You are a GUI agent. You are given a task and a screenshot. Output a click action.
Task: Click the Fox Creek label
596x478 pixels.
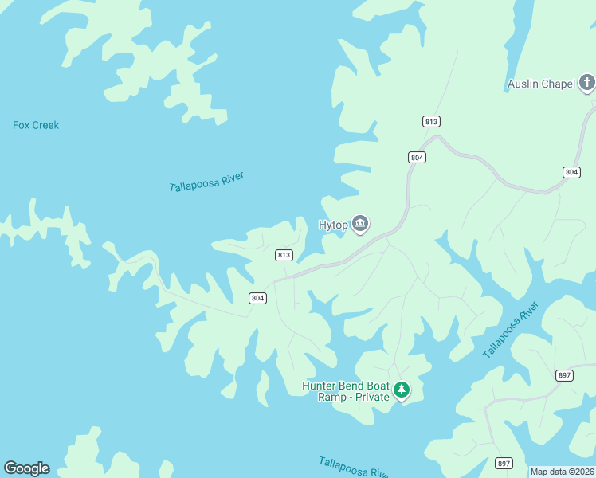coord(36,125)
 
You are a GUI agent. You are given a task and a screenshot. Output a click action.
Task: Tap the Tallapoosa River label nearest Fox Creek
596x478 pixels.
coord(206,182)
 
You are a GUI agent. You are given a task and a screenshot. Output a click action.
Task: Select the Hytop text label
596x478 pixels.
coord(333,225)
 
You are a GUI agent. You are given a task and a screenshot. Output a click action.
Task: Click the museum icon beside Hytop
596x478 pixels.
coord(360,225)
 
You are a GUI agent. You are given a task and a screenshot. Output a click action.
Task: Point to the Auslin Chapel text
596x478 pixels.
coord(540,84)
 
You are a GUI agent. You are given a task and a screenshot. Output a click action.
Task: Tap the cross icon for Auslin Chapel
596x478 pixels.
coord(586,82)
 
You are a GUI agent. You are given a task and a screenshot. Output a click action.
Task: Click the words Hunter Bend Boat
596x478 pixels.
coord(345,386)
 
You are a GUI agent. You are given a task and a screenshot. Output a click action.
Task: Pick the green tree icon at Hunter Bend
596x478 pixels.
coord(402,390)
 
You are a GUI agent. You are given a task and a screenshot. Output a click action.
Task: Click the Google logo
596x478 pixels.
coord(26,468)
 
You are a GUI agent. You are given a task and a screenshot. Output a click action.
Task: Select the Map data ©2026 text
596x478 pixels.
coord(562,472)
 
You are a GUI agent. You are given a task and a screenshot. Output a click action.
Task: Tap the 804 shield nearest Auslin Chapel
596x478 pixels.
coord(571,172)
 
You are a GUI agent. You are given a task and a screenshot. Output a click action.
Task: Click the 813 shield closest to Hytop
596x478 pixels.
coord(284,255)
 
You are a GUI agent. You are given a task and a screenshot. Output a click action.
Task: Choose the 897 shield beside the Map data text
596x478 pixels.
coord(504,463)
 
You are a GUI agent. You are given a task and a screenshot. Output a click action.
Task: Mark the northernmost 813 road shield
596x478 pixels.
coord(431,121)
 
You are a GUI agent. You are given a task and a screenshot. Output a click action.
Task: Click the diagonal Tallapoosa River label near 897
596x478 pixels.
coord(511,329)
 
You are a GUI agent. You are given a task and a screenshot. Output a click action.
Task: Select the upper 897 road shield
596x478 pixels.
coord(564,375)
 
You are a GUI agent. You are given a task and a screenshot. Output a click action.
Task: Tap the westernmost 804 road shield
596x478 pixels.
coord(257,298)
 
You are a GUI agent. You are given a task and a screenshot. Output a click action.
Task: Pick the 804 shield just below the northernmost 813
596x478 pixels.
coord(417,158)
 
